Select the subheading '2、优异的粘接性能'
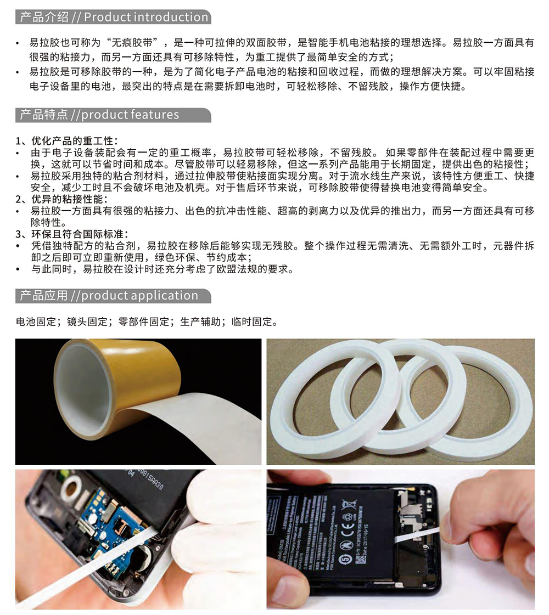tap(61, 199)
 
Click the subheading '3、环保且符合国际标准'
tap(71, 234)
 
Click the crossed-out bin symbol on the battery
tap(348, 505)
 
